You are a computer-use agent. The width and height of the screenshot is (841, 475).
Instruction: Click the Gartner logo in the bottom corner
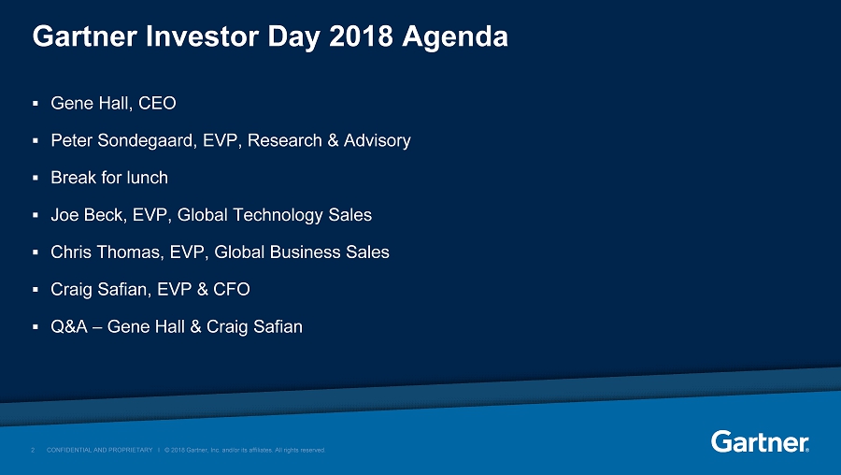(x=760, y=441)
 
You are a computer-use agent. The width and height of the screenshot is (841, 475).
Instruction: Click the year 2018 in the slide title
(x=361, y=36)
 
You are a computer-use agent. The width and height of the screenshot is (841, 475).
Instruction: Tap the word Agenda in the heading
(x=455, y=37)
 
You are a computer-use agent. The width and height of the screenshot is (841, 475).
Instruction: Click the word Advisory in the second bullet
(x=378, y=140)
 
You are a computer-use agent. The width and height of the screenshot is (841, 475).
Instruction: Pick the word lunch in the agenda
(x=147, y=178)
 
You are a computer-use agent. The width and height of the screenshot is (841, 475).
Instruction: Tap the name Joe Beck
(x=87, y=215)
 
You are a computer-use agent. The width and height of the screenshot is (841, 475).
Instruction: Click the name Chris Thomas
(x=107, y=252)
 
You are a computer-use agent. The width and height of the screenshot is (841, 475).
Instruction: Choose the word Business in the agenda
(x=305, y=252)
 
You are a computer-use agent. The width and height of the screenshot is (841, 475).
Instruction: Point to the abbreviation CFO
(x=231, y=289)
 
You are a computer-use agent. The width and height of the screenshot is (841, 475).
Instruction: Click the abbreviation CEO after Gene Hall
(x=157, y=103)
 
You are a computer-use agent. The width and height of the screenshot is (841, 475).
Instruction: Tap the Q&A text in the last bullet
(x=69, y=326)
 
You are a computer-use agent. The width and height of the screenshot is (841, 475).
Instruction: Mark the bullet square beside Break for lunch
(x=36, y=178)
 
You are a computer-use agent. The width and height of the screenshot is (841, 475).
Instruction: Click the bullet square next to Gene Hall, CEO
(x=36, y=103)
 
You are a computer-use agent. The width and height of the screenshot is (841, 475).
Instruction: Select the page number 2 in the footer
(x=33, y=450)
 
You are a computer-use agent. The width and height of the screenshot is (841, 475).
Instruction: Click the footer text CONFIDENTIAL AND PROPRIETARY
(x=100, y=450)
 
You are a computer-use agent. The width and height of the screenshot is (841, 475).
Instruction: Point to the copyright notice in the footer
(x=245, y=450)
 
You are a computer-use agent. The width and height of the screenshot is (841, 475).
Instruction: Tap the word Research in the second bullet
(x=285, y=140)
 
